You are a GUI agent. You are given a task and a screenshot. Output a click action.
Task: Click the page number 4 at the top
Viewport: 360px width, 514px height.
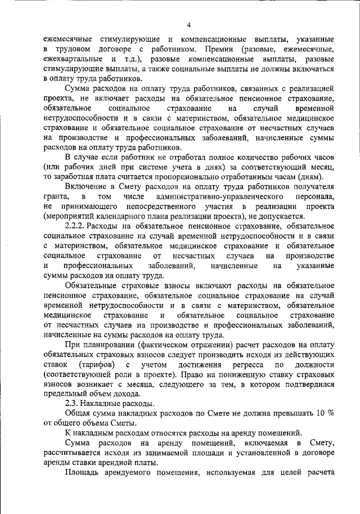[189, 25]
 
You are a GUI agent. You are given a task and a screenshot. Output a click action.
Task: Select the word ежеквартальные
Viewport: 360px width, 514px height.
[72, 59]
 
